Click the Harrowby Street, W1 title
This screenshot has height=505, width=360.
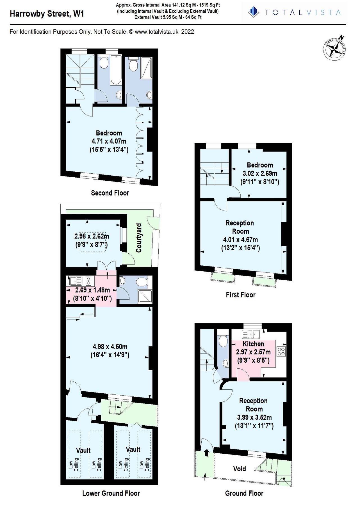click(x=47, y=13)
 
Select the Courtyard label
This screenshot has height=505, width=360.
click(x=139, y=238)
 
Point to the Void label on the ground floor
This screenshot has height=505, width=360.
click(x=239, y=469)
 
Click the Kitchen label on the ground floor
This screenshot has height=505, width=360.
click(x=253, y=344)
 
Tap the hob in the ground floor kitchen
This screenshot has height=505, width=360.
click(x=281, y=352)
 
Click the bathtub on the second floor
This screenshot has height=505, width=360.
click(x=116, y=70)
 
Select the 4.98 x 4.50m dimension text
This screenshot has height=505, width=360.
click(x=110, y=347)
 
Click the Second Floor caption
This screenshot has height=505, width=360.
click(x=110, y=193)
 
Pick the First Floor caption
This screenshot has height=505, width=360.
click(x=241, y=295)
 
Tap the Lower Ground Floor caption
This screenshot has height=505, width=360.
click(x=111, y=493)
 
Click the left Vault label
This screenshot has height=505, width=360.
click(x=83, y=450)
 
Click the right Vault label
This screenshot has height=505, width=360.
click(x=133, y=449)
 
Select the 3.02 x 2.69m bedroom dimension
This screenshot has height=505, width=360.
click(x=260, y=173)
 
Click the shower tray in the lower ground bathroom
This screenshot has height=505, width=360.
click(x=145, y=297)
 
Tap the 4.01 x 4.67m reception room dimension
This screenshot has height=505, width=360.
click(x=240, y=240)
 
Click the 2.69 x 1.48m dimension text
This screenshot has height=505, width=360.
click(x=92, y=290)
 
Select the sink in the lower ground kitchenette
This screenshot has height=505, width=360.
click(x=75, y=281)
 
